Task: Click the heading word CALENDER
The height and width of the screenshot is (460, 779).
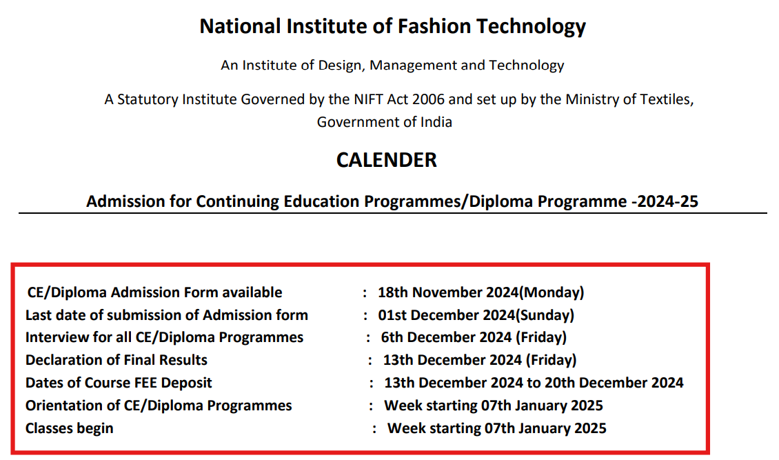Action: tap(386, 160)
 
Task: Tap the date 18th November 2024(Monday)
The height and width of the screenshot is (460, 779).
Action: tap(480, 292)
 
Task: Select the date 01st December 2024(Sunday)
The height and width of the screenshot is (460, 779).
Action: tap(476, 315)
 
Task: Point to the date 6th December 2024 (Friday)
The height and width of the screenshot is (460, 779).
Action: tap(474, 337)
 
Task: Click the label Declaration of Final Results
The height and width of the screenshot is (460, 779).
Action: tap(117, 360)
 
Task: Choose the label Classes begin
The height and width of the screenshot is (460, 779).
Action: tap(70, 428)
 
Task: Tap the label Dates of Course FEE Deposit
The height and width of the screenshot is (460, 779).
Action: tap(119, 383)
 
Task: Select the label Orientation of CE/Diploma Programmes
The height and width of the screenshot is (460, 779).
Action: tap(159, 406)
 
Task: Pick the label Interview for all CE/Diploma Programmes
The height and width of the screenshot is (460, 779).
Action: tap(164, 337)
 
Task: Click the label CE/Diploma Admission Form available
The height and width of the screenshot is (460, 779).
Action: tap(154, 292)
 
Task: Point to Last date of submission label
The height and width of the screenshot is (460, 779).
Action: tap(167, 315)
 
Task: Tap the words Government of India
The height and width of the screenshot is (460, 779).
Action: tap(385, 122)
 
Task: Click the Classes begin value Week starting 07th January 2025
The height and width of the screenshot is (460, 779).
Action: tap(496, 428)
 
